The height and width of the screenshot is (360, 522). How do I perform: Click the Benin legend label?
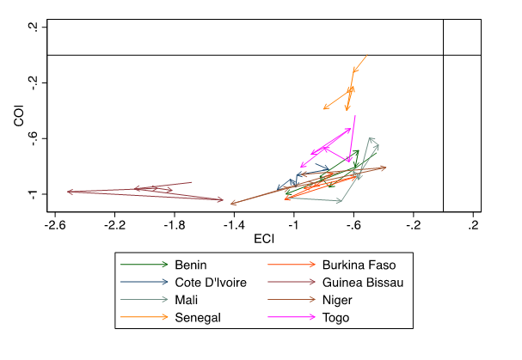[x=192, y=264]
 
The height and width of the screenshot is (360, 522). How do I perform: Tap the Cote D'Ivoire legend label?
[x=211, y=282]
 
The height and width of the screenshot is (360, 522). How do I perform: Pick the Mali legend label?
[x=187, y=300]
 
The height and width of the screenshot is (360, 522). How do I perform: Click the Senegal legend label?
[x=198, y=318]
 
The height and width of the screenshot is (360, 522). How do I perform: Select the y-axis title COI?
[x=19, y=116]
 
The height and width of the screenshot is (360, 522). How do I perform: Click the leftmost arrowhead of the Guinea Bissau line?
[x=68, y=192]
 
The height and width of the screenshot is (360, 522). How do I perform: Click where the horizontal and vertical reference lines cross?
[x=443, y=55]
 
